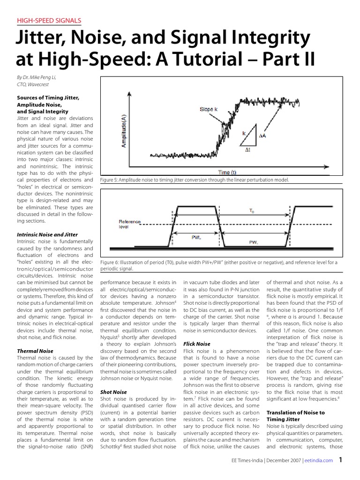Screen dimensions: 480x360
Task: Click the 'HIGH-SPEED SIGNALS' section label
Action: click(x=49, y=20)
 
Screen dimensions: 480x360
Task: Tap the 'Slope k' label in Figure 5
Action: click(x=208, y=109)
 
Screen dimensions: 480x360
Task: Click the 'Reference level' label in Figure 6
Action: click(x=129, y=224)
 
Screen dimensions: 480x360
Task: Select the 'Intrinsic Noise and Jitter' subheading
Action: click(x=47, y=234)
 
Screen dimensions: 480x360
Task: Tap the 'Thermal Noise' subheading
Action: click(x=35, y=351)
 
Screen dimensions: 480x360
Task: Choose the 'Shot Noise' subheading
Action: click(x=114, y=391)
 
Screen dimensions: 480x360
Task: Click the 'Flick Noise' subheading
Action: click(x=197, y=344)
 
